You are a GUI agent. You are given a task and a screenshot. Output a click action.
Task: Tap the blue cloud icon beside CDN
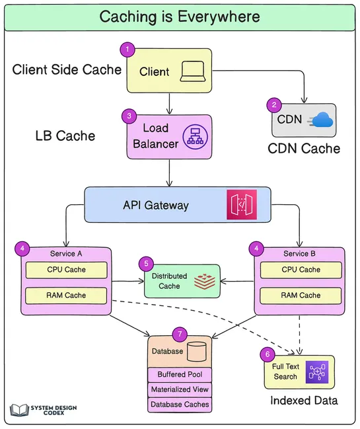[x=322, y=120]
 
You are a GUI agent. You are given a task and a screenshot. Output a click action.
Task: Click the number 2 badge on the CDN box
[x=273, y=104]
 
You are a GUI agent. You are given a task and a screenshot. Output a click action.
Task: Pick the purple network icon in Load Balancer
[x=196, y=137]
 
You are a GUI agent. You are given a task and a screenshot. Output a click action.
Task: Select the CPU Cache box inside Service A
[x=66, y=270]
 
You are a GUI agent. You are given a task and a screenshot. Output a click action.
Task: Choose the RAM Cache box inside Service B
[x=301, y=295]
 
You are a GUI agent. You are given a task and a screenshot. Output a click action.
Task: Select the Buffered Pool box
[x=180, y=375]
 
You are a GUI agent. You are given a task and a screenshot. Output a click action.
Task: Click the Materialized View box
[x=180, y=389]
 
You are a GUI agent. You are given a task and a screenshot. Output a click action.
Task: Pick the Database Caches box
[x=180, y=404]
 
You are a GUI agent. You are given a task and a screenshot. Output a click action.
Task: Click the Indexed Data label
[x=304, y=401]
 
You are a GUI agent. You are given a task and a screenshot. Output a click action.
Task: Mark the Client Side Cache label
[x=67, y=69]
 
